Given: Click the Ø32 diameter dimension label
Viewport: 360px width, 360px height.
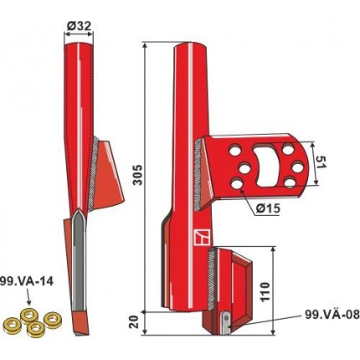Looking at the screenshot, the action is pos(79,26).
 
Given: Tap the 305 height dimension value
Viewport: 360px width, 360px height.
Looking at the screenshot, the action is pos(137,175).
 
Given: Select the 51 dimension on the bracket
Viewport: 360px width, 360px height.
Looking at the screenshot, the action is pos(321,162).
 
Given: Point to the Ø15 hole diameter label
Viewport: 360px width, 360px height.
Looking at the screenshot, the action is pos(268,208).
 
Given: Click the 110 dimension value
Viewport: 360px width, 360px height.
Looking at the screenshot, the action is pos(265,291).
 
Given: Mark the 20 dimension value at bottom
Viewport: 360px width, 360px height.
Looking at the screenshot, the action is pos(135,322).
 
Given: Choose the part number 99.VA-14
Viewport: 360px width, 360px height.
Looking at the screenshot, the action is pos(27,281).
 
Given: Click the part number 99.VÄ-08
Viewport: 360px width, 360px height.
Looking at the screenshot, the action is pos(332,315).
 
